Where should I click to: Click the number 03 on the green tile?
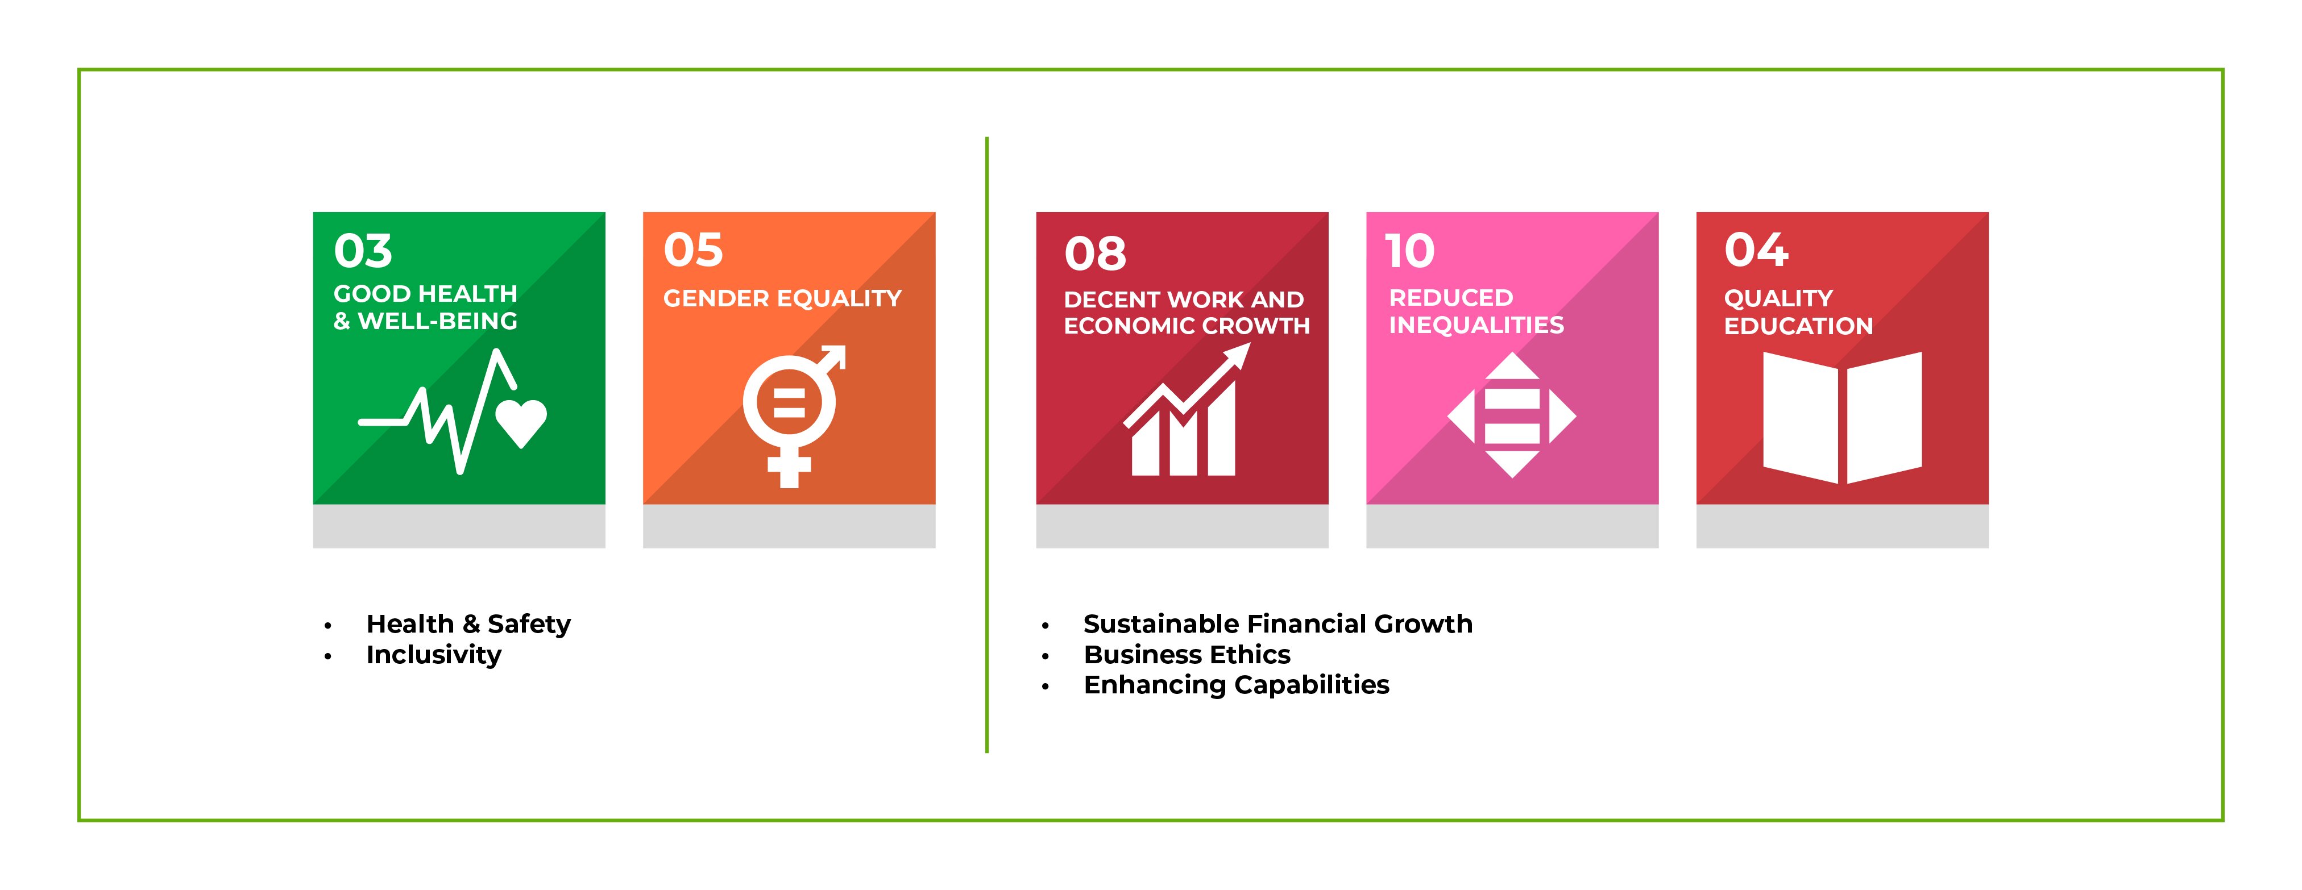[363, 251]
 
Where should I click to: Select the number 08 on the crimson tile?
[1096, 254]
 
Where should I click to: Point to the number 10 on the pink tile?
[1410, 251]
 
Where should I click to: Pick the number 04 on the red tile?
[1756, 249]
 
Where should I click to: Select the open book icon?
[1843, 417]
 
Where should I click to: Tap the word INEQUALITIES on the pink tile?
[1476, 325]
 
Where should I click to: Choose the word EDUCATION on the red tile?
[1798, 326]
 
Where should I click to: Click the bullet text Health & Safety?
[468, 623]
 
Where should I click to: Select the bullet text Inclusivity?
[433, 655]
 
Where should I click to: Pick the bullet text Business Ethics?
[1187, 655]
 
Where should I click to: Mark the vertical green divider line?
[986, 445]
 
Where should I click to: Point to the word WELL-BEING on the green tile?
[438, 321]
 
